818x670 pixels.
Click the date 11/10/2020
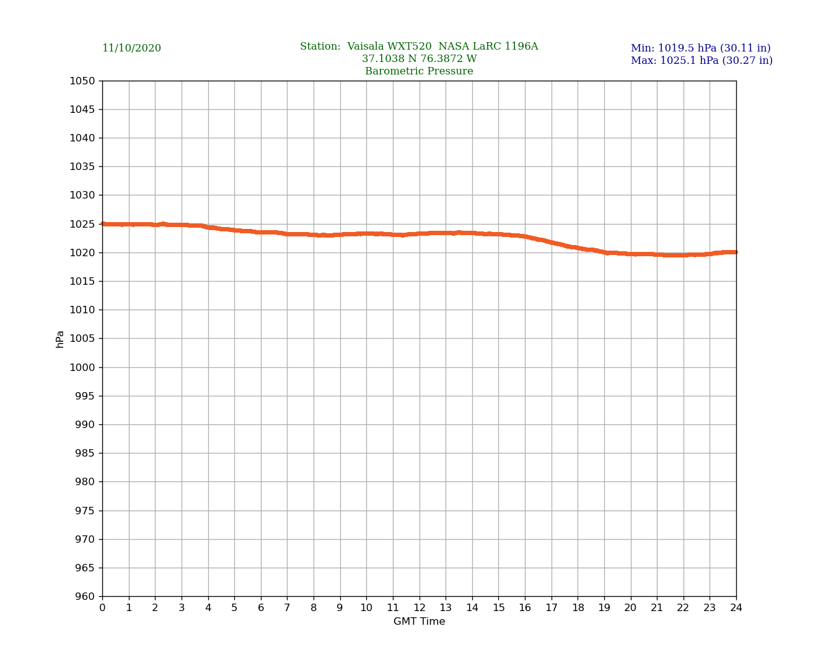click(x=131, y=48)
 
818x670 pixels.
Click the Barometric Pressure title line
click(x=419, y=71)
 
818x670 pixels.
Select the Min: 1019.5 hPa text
click(x=700, y=48)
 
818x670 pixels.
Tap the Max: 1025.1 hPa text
click(x=701, y=61)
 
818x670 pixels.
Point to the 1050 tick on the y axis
click(x=82, y=81)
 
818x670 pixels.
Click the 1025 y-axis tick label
click(x=82, y=224)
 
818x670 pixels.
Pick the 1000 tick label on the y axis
click(x=82, y=367)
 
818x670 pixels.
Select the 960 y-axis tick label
click(x=84, y=596)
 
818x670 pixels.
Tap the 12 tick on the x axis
click(x=420, y=608)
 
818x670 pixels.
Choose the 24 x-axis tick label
click(x=736, y=608)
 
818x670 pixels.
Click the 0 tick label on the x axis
click(x=102, y=608)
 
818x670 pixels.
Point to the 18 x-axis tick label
click(x=578, y=608)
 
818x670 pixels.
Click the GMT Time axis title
click(x=419, y=622)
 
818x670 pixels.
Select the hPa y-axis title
click(x=60, y=339)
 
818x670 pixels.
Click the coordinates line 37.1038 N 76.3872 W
click(x=419, y=59)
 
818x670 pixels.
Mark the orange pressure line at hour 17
click(x=552, y=243)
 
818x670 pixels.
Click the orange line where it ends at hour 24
click(x=736, y=252)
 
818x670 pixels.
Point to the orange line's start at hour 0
click(x=103, y=224)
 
